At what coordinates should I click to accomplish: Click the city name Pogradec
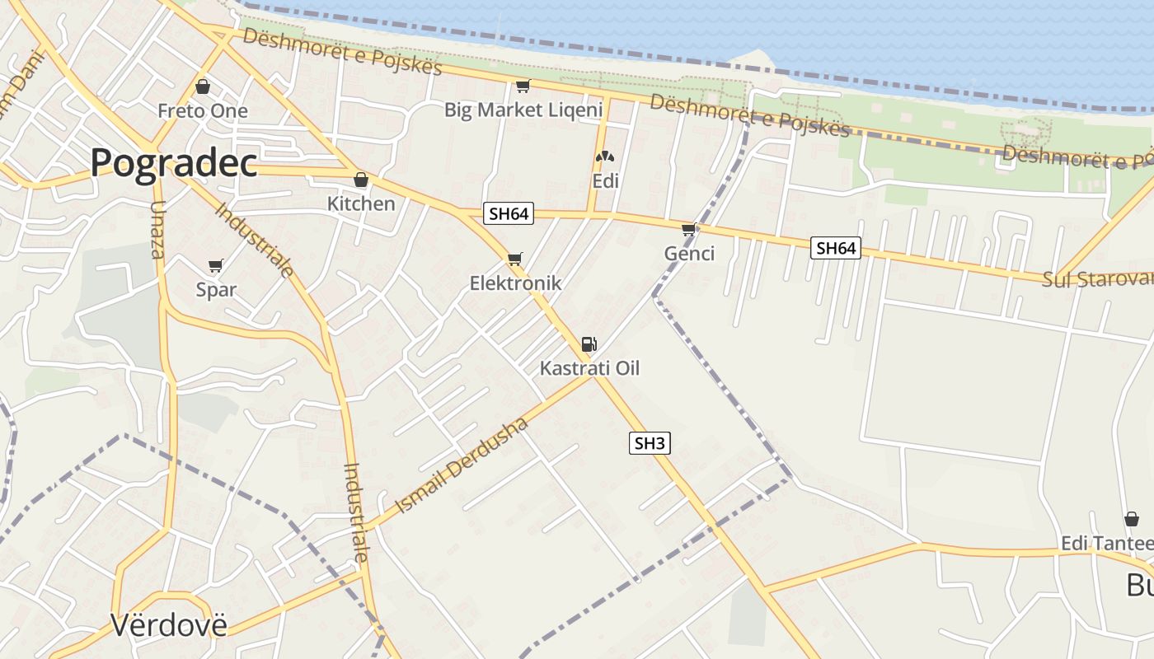pos(173,162)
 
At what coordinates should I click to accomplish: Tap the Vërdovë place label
pos(168,625)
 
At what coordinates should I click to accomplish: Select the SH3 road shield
pos(650,443)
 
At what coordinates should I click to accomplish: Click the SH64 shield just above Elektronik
pos(509,214)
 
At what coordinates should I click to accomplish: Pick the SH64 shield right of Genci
pos(836,248)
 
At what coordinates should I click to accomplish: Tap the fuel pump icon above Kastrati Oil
pos(589,344)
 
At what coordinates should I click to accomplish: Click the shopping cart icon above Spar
pos(216,265)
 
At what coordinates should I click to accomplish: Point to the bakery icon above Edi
pos(605,157)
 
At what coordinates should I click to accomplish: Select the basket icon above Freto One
pos(203,86)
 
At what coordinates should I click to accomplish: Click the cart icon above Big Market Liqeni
pos(523,86)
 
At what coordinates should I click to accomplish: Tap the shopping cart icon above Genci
pos(689,229)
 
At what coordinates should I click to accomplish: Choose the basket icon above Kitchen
pos(361,180)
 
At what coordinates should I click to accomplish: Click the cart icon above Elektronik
pos(515,259)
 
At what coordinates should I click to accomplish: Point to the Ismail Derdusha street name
pos(462,465)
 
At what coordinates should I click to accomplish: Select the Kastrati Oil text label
pos(589,368)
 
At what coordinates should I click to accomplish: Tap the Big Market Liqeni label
pos(523,110)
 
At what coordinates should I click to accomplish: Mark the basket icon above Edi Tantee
pos(1132,520)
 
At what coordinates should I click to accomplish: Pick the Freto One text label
pos(203,111)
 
